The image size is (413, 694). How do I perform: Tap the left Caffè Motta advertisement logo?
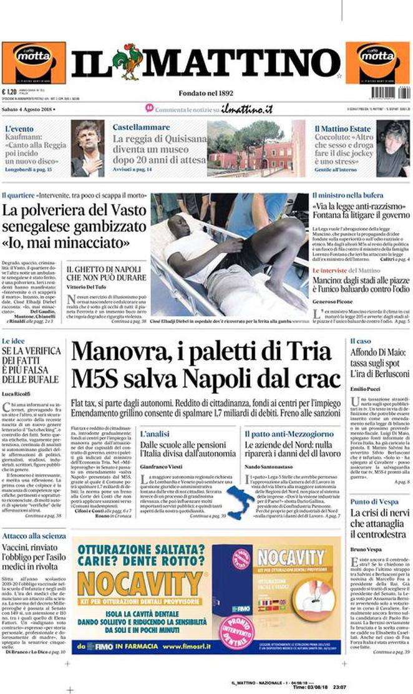33,62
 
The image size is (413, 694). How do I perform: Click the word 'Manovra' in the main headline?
113,353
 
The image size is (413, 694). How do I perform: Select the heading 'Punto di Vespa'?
374,500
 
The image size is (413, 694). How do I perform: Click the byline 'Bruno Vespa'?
362,550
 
